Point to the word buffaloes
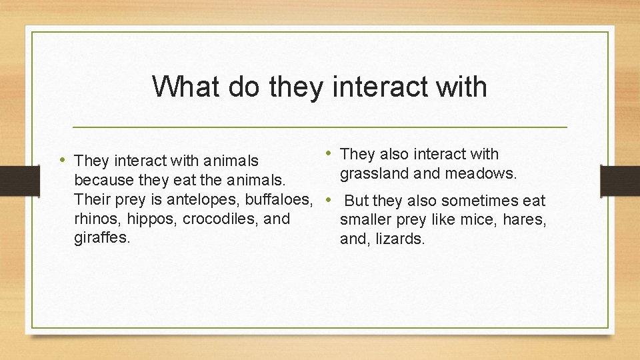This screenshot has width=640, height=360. click(278, 199)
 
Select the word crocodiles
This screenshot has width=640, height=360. click(220, 219)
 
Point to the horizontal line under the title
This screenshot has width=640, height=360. click(319, 127)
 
